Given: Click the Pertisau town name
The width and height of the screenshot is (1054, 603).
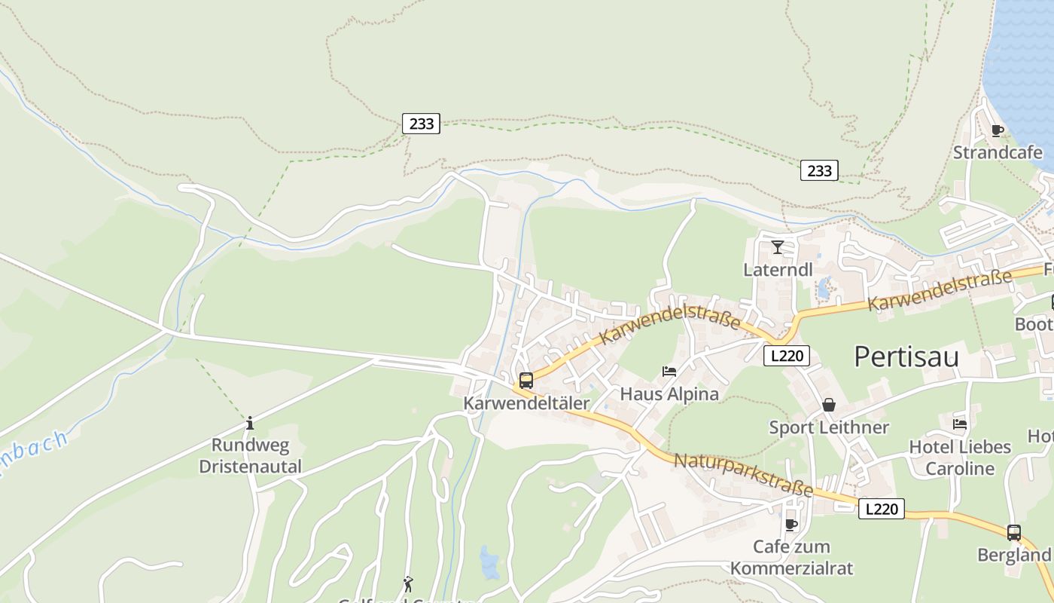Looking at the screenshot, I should (x=906, y=357).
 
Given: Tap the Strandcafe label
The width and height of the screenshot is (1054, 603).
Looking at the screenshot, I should (x=998, y=152).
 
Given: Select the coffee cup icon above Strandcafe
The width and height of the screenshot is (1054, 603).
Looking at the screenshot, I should (x=998, y=130).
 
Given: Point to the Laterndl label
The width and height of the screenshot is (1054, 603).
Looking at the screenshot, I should (x=778, y=269).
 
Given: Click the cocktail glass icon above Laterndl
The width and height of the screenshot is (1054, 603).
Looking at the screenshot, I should (x=778, y=246).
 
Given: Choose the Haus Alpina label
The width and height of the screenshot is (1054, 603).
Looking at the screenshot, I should (x=669, y=393).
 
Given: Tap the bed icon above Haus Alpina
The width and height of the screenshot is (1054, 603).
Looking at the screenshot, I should (x=669, y=371).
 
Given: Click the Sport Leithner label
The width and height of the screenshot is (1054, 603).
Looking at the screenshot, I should (x=828, y=427).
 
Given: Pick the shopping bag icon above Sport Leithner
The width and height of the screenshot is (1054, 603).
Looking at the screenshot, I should (x=829, y=405).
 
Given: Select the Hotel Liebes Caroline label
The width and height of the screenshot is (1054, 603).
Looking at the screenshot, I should (x=960, y=458).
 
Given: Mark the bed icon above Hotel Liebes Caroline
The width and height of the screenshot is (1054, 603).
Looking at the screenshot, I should (x=960, y=424).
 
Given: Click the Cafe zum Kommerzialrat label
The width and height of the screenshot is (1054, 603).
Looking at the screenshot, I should (x=791, y=557).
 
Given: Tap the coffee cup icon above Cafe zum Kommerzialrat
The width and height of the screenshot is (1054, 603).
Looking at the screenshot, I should (x=791, y=525).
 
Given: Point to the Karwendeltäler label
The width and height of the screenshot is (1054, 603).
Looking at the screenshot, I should (x=526, y=403).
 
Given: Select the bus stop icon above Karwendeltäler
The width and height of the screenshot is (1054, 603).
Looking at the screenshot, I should (x=526, y=381).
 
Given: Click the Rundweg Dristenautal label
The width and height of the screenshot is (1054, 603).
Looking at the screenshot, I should (x=250, y=456).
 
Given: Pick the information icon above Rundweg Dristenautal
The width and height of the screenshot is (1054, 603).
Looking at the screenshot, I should (x=250, y=423).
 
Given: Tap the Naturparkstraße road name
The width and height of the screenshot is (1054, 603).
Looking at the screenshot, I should (x=743, y=476).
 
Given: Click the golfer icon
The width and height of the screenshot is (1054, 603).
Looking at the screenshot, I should (x=408, y=584).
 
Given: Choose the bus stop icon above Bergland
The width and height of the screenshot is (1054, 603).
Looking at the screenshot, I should (x=1013, y=533).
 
